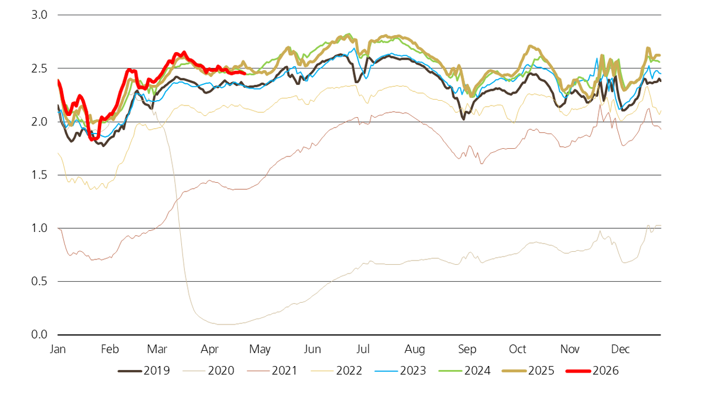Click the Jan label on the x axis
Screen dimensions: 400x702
(x=58, y=350)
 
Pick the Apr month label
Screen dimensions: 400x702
(x=209, y=350)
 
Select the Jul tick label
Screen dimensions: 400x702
(x=363, y=350)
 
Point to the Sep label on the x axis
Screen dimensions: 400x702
(x=467, y=350)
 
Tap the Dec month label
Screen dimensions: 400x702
(x=620, y=350)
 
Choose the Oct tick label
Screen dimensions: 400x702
(x=517, y=350)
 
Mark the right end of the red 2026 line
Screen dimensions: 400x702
(x=245, y=73)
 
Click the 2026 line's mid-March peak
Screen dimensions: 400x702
(x=184, y=52)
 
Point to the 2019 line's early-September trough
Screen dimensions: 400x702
(x=464, y=119)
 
